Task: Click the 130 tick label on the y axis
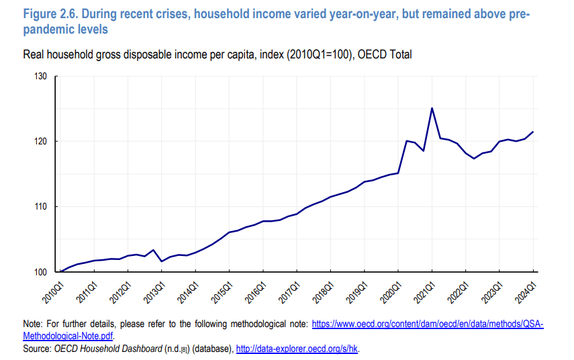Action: [x=40, y=77]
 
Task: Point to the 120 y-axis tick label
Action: [x=40, y=142]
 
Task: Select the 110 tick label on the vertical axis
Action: [x=40, y=207]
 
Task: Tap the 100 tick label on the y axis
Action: [x=40, y=272]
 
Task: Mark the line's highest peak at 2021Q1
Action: [x=432, y=108]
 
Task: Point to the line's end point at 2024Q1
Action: [x=533, y=132]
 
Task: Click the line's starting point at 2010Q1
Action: [x=61, y=271]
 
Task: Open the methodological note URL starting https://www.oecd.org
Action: [x=427, y=324]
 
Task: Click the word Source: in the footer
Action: [x=38, y=349]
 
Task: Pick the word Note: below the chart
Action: [x=34, y=324]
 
